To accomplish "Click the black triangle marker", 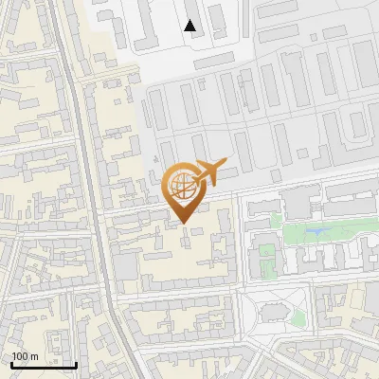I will click(191, 27).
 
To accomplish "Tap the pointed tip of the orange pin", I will click(183, 221).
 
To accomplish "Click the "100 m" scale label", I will click(25, 356).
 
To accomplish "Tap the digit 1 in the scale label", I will click(14, 356).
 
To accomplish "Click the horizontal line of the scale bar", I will click(44, 365).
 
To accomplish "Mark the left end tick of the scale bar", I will click(10, 363).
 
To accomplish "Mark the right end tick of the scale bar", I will click(77, 363).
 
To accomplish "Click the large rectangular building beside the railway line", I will click(126, 264).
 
